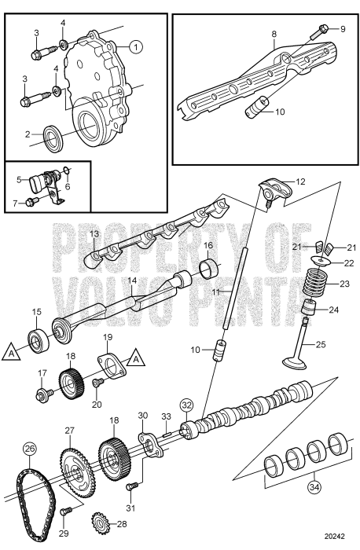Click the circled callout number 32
pos(186,406)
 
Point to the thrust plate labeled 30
pos(149,448)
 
